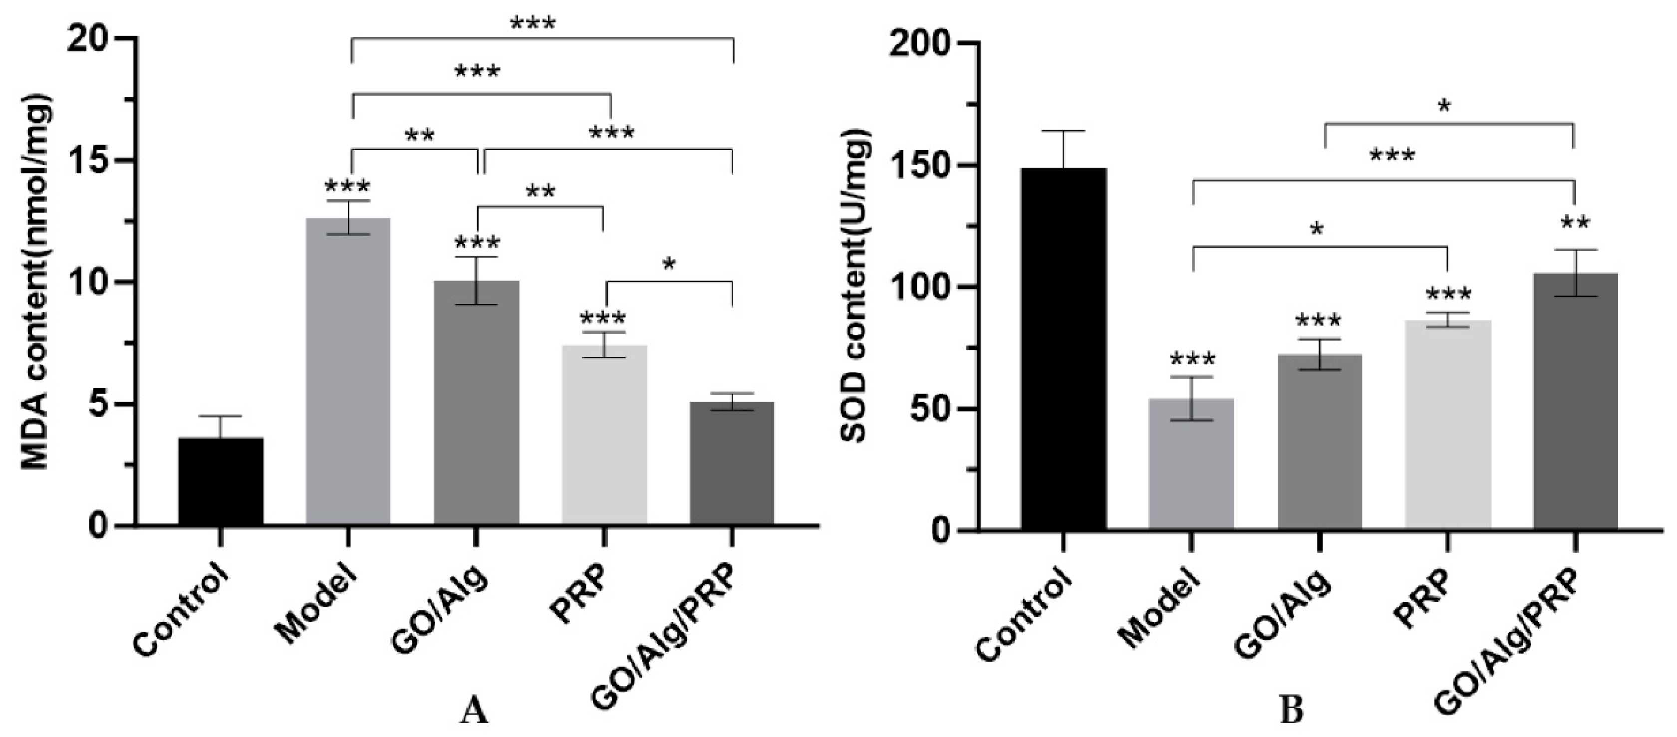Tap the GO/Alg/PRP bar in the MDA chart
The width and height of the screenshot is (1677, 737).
pyautogui.click(x=732, y=462)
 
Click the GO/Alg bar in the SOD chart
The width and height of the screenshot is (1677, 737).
pyautogui.click(x=1319, y=443)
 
